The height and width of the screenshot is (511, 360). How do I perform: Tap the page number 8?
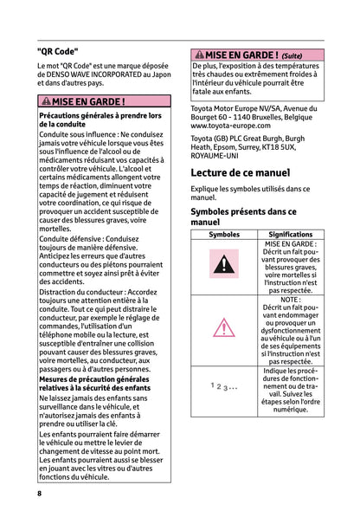pos(40,493)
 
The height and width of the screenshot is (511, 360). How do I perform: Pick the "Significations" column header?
pos(290,235)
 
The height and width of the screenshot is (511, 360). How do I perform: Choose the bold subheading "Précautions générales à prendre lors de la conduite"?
pos(100,120)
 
